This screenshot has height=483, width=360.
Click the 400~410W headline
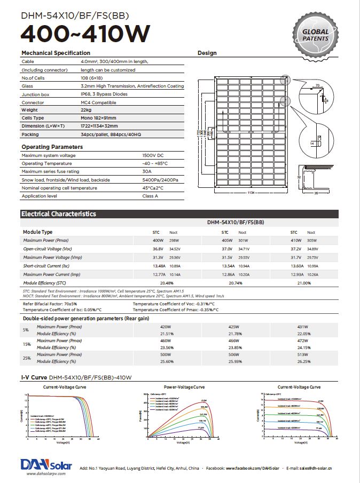85,33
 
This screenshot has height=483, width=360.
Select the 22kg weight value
85,110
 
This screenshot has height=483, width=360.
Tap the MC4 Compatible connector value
98,102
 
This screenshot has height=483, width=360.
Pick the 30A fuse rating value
147,171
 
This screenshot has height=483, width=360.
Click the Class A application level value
150,196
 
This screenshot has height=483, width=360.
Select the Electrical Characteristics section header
58,214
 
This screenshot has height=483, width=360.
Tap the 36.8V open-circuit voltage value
158,249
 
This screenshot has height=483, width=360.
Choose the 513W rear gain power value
303,354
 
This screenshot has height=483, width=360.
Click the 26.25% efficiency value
303,361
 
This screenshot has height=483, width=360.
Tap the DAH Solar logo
43,464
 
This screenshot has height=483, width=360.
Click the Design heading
207,53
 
